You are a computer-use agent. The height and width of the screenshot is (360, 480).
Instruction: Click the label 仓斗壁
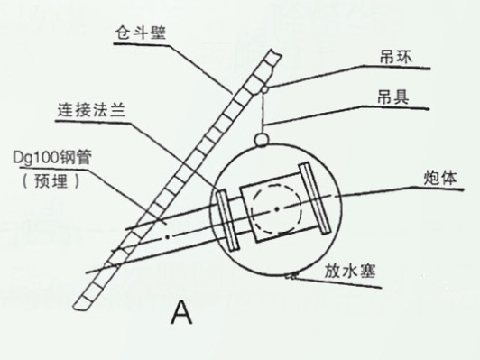click(141, 32)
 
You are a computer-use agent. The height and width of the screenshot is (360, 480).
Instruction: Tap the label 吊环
click(396, 57)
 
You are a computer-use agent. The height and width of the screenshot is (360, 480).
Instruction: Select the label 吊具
click(393, 97)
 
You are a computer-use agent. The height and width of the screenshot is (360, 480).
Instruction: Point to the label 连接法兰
click(91, 109)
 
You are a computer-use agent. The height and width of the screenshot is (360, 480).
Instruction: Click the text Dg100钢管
click(52, 158)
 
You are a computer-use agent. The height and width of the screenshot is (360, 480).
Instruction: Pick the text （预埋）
click(51, 181)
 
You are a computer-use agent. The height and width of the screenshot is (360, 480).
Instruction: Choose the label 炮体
click(440, 178)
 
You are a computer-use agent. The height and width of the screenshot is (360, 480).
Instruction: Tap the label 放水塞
click(350, 272)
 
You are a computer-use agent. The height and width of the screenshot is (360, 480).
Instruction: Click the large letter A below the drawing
click(182, 311)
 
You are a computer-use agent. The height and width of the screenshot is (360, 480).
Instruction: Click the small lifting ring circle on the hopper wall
click(264, 90)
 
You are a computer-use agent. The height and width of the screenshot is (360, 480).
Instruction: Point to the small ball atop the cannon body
click(262, 140)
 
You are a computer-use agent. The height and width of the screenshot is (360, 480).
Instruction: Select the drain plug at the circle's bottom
click(291, 276)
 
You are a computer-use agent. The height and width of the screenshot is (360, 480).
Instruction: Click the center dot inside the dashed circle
click(277, 209)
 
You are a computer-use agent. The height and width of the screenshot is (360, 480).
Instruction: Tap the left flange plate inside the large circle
click(227, 220)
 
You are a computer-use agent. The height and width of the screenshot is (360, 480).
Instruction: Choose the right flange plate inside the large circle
click(314, 198)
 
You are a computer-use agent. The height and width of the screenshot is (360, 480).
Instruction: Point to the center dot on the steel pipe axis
click(167, 236)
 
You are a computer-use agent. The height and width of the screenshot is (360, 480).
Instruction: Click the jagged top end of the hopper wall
click(273, 54)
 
